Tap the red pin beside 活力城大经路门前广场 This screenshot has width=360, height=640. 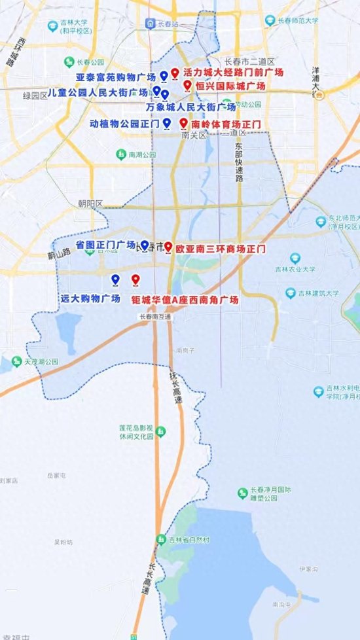click(175, 74)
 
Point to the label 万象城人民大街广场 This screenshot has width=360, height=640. click(190, 107)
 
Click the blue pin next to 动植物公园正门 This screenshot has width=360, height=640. click(167, 122)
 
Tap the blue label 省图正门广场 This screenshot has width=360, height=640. click(105, 244)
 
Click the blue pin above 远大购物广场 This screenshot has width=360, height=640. click(115, 279)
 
